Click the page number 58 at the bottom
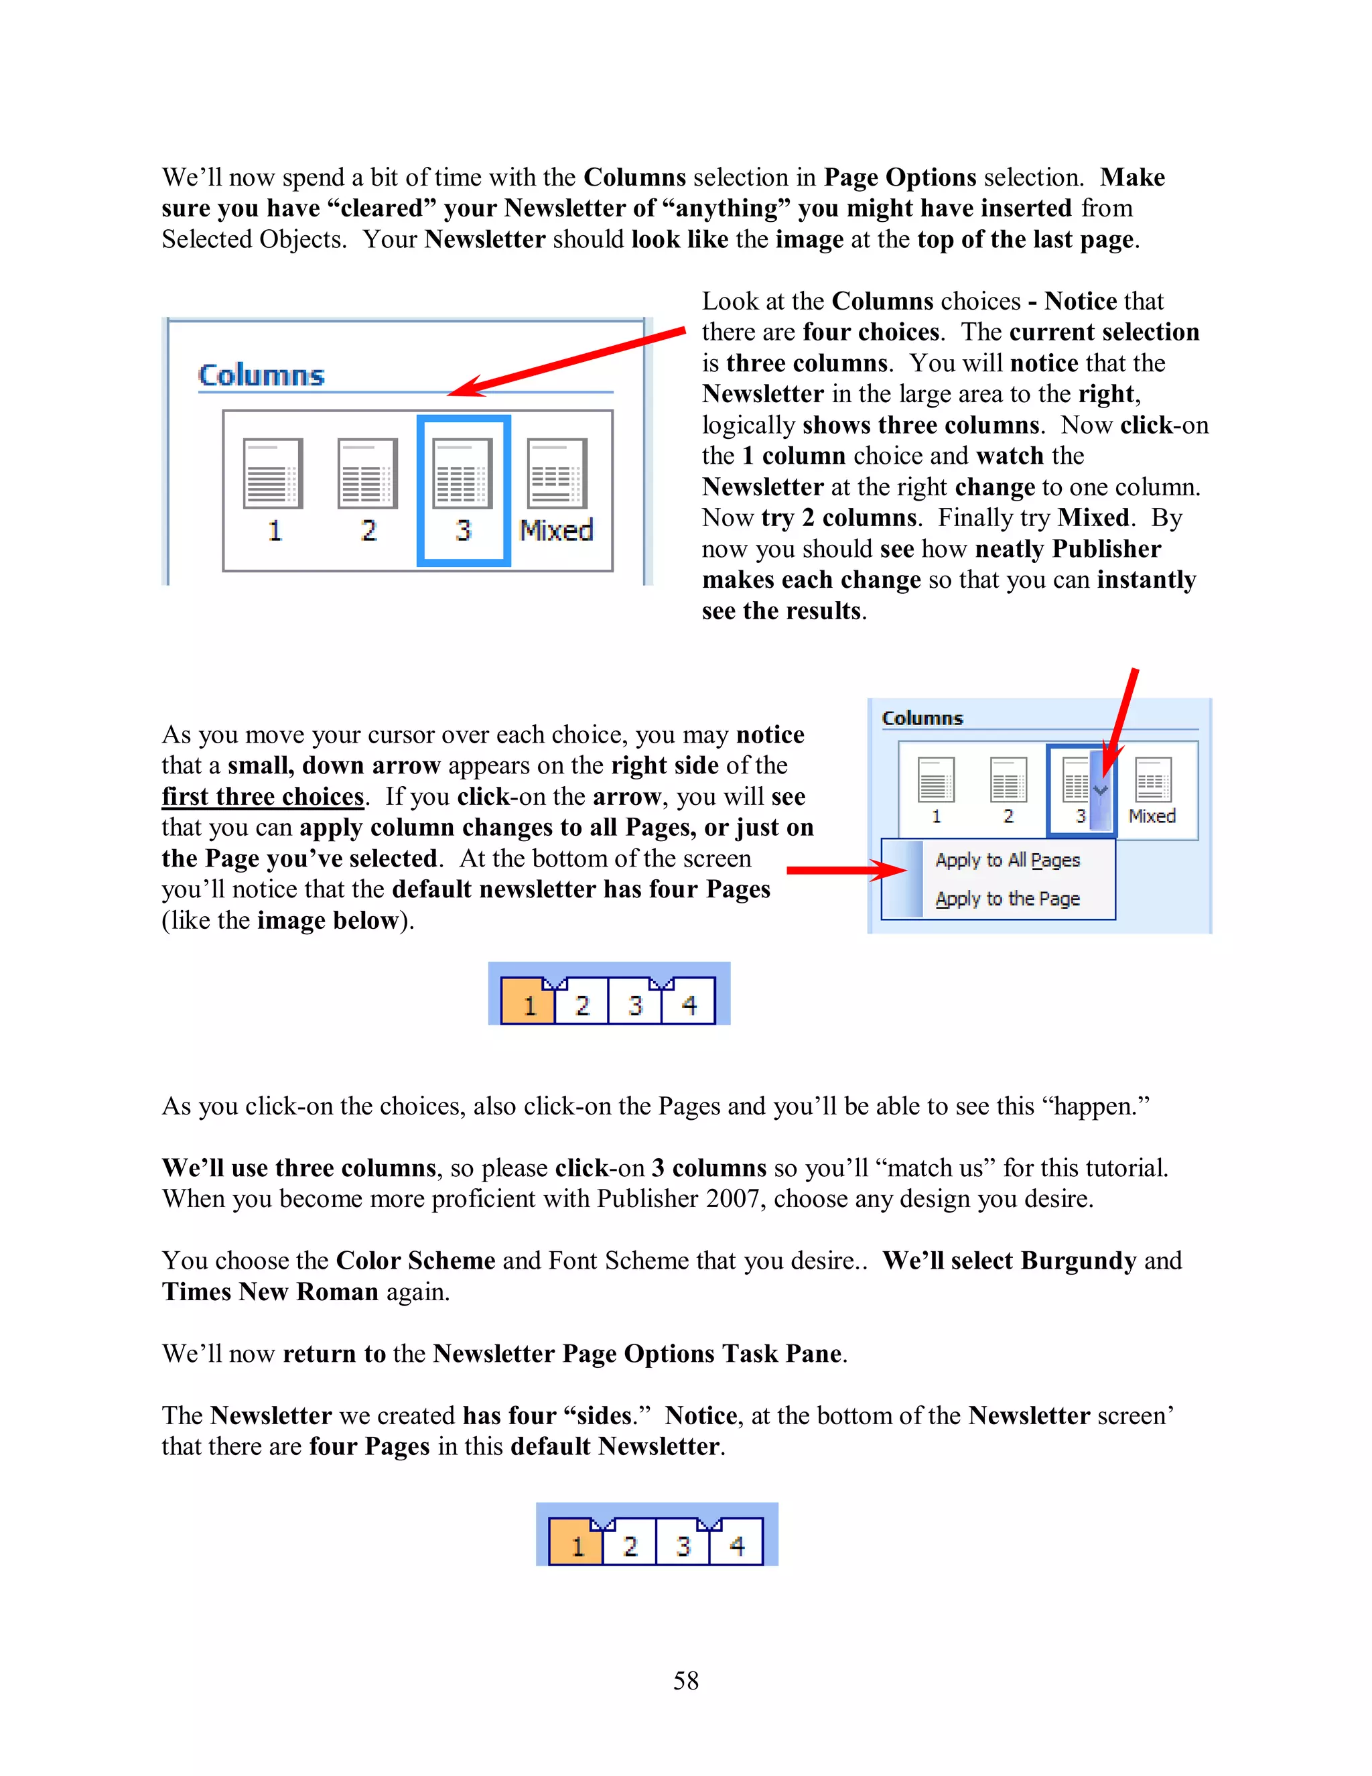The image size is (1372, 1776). click(685, 1680)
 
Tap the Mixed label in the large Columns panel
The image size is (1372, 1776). click(557, 530)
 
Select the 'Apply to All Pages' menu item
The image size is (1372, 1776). click(1007, 861)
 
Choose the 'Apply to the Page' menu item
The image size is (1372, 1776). click(1007, 899)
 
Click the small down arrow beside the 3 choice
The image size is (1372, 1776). click(1101, 789)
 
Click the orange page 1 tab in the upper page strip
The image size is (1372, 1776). click(529, 1005)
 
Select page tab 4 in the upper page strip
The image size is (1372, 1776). click(689, 1005)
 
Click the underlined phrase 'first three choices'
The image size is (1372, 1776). click(263, 796)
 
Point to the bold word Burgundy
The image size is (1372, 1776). click(1078, 1261)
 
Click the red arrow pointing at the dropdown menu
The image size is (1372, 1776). click(845, 870)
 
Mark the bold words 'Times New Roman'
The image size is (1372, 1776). click(270, 1291)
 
